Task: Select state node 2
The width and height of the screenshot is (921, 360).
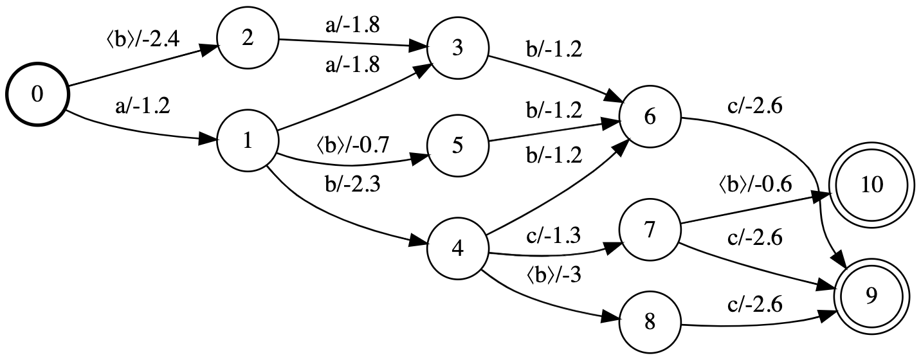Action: tap(248, 39)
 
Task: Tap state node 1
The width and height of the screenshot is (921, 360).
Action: tap(248, 142)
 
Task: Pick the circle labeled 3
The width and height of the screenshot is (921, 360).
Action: tap(457, 51)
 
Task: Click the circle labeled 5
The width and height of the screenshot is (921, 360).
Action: tap(457, 146)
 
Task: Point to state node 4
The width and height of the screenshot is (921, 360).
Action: tap(457, 249)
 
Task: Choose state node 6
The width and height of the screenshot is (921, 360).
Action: tap(650, 118)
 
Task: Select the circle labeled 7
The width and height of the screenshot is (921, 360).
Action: tap(650, 231)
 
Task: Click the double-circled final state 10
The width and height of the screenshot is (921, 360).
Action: tap(871, 185)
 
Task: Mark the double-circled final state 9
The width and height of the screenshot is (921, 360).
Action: tap(871, 295)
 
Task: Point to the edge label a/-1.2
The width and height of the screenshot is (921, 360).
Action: tap(143, 107)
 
